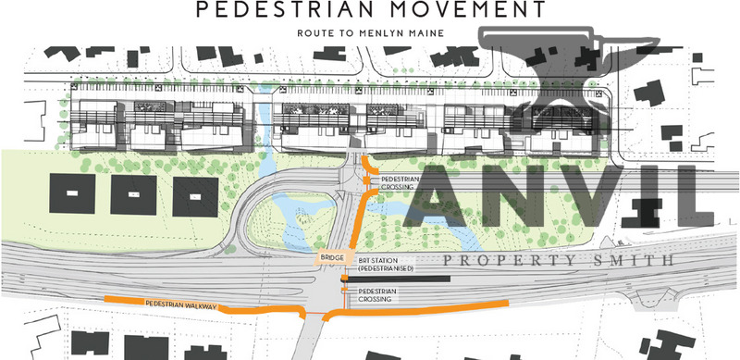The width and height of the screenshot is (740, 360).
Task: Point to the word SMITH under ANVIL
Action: point(637,261)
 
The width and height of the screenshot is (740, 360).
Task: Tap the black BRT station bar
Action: point(398,278)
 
